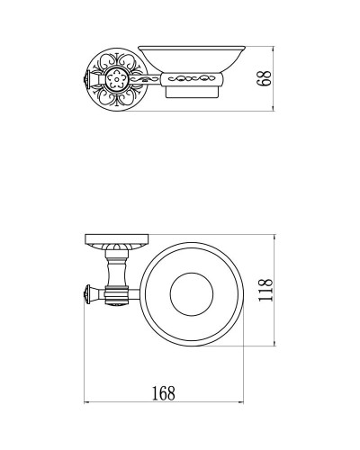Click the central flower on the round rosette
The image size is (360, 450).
point(112,77)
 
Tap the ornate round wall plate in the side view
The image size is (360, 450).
point(112,77)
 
